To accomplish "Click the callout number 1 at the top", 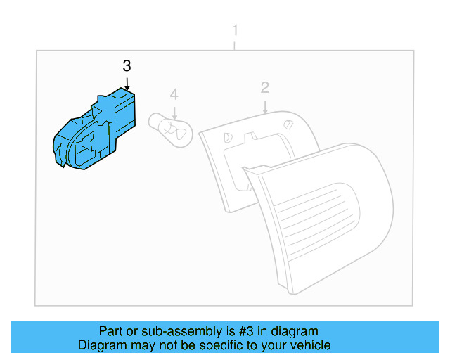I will [x=235, y=31].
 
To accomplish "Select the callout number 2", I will [x=265, y=88].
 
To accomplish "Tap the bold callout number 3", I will [x=127, y=66].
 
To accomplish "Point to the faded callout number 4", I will [x=174, y=94].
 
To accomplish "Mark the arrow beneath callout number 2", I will [x=265, y=106].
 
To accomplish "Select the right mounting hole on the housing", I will [x=289, y=124].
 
